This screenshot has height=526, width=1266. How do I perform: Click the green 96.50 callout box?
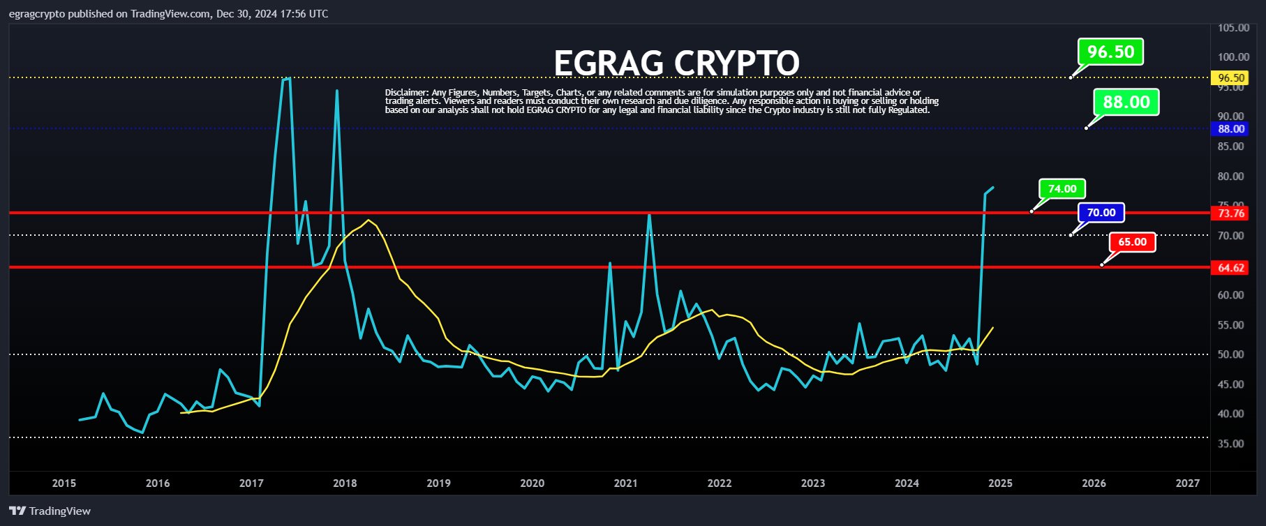(x=1110, y=52)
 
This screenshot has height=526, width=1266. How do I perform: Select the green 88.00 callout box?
(x=1126, y=103)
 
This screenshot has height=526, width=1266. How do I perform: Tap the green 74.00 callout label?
(x=1062, y=189)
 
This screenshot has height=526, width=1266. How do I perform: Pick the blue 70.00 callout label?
(x=1101, y=213)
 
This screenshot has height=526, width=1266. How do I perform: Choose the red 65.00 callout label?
(x=1132, y=242)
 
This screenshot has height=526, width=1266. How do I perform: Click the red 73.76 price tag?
(x=1230, y=213)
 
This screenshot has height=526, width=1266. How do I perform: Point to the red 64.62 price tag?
(x=1230, y=268)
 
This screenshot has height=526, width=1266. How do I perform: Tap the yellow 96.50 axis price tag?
(x=1230, y=78)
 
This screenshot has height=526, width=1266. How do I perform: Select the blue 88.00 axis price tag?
(x=1230, y=129)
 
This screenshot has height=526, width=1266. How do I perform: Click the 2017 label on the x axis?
(x=251, y=483)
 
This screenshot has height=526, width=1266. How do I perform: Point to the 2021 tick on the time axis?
(x=625, y=483)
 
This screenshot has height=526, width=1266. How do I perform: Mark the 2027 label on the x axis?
(x=1187, y=483)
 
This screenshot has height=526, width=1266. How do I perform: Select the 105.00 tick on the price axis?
(x=1233, y=28)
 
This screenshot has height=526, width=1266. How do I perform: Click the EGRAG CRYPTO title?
(x=676, y=63)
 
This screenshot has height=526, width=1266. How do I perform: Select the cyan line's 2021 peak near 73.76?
(x=649, y=215)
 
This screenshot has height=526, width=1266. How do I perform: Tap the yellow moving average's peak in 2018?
(x=368, y=220)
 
